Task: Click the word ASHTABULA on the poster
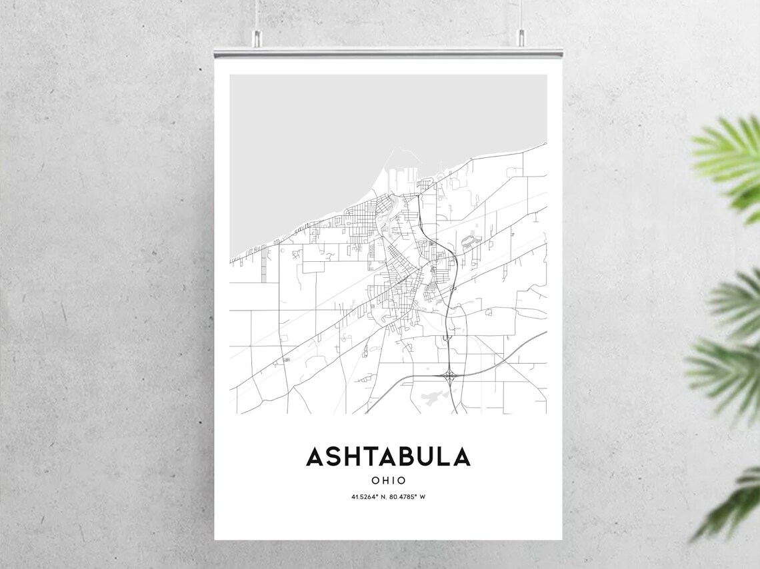click(x=388, y=457)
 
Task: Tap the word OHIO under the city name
click(x=388, y=480)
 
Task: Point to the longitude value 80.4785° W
click(x=407, y=497)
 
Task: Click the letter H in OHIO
click(x=384, y=480)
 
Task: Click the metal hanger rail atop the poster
click(x=388, y=52)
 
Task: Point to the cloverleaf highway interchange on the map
click(x=449, y=375)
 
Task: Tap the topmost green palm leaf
click(x=730, y=160)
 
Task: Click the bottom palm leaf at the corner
click(x=733, y=506)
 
